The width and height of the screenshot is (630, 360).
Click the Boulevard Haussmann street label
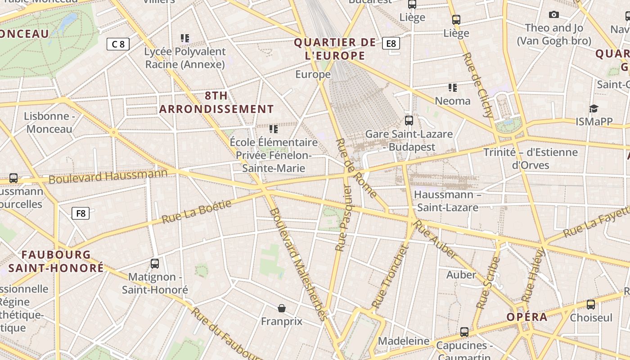click(108, 176)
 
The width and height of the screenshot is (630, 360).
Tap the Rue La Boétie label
click(197, 211)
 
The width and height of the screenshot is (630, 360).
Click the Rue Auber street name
click(435, 239)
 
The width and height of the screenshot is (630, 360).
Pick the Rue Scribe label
click(488, 283)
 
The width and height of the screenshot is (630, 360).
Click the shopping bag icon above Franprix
click(282, 308)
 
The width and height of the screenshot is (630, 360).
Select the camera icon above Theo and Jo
click(554, 15)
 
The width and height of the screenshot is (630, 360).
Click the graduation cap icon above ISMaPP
click(594, 108)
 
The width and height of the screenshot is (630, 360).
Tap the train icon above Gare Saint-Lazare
click(409, 121)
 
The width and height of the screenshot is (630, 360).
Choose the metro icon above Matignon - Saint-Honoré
click(155, 264)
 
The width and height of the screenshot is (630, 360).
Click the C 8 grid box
click(118, 44)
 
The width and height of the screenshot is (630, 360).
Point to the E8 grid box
click(391, 43)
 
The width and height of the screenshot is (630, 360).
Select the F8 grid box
click(81, 213)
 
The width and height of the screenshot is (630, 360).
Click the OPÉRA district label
click(527, 317)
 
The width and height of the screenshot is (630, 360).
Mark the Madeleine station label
click(404, 341)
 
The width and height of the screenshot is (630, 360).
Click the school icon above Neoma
click(452, 87)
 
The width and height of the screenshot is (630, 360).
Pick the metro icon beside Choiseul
click(591, 305)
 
